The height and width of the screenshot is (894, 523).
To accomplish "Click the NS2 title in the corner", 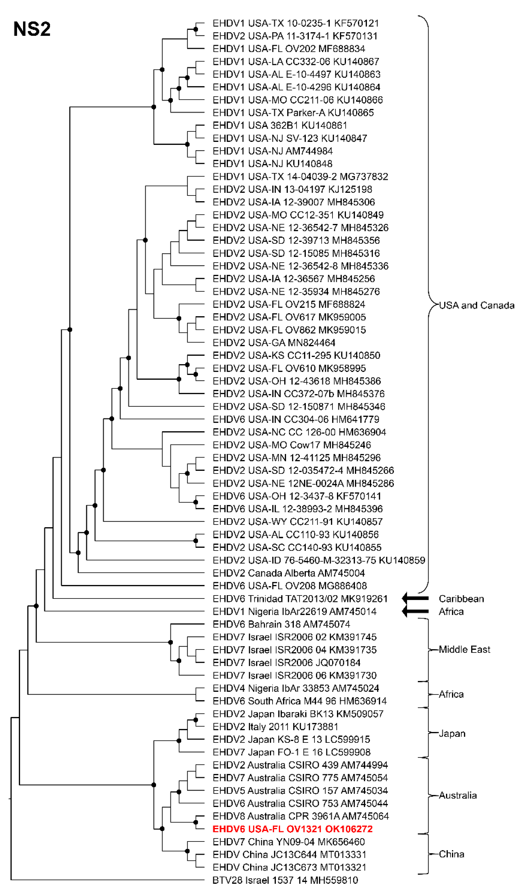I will point(32,29).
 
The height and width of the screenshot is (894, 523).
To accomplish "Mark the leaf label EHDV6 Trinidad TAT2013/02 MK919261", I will point(300,599).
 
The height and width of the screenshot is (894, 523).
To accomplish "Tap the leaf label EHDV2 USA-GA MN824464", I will point(274,343).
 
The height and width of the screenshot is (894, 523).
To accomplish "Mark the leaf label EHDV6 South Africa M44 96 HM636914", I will point(300,701).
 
